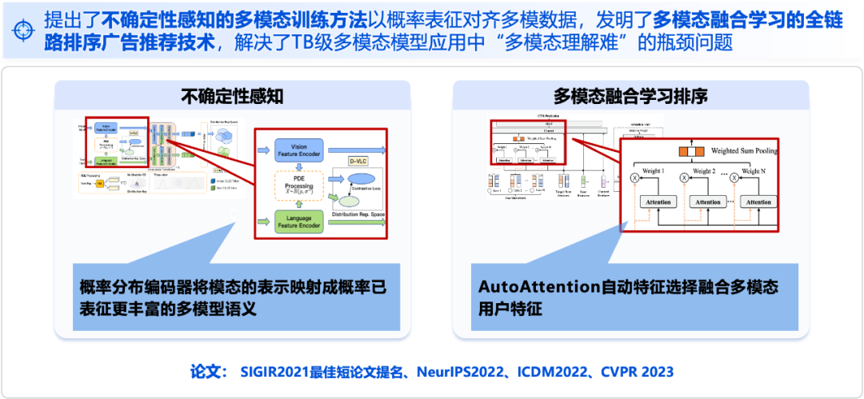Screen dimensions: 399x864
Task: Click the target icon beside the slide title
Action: (x=24, y=30)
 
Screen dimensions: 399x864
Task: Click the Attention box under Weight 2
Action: (x=707, y=202)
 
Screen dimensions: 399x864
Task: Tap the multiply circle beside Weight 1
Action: (x=634, y=178)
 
